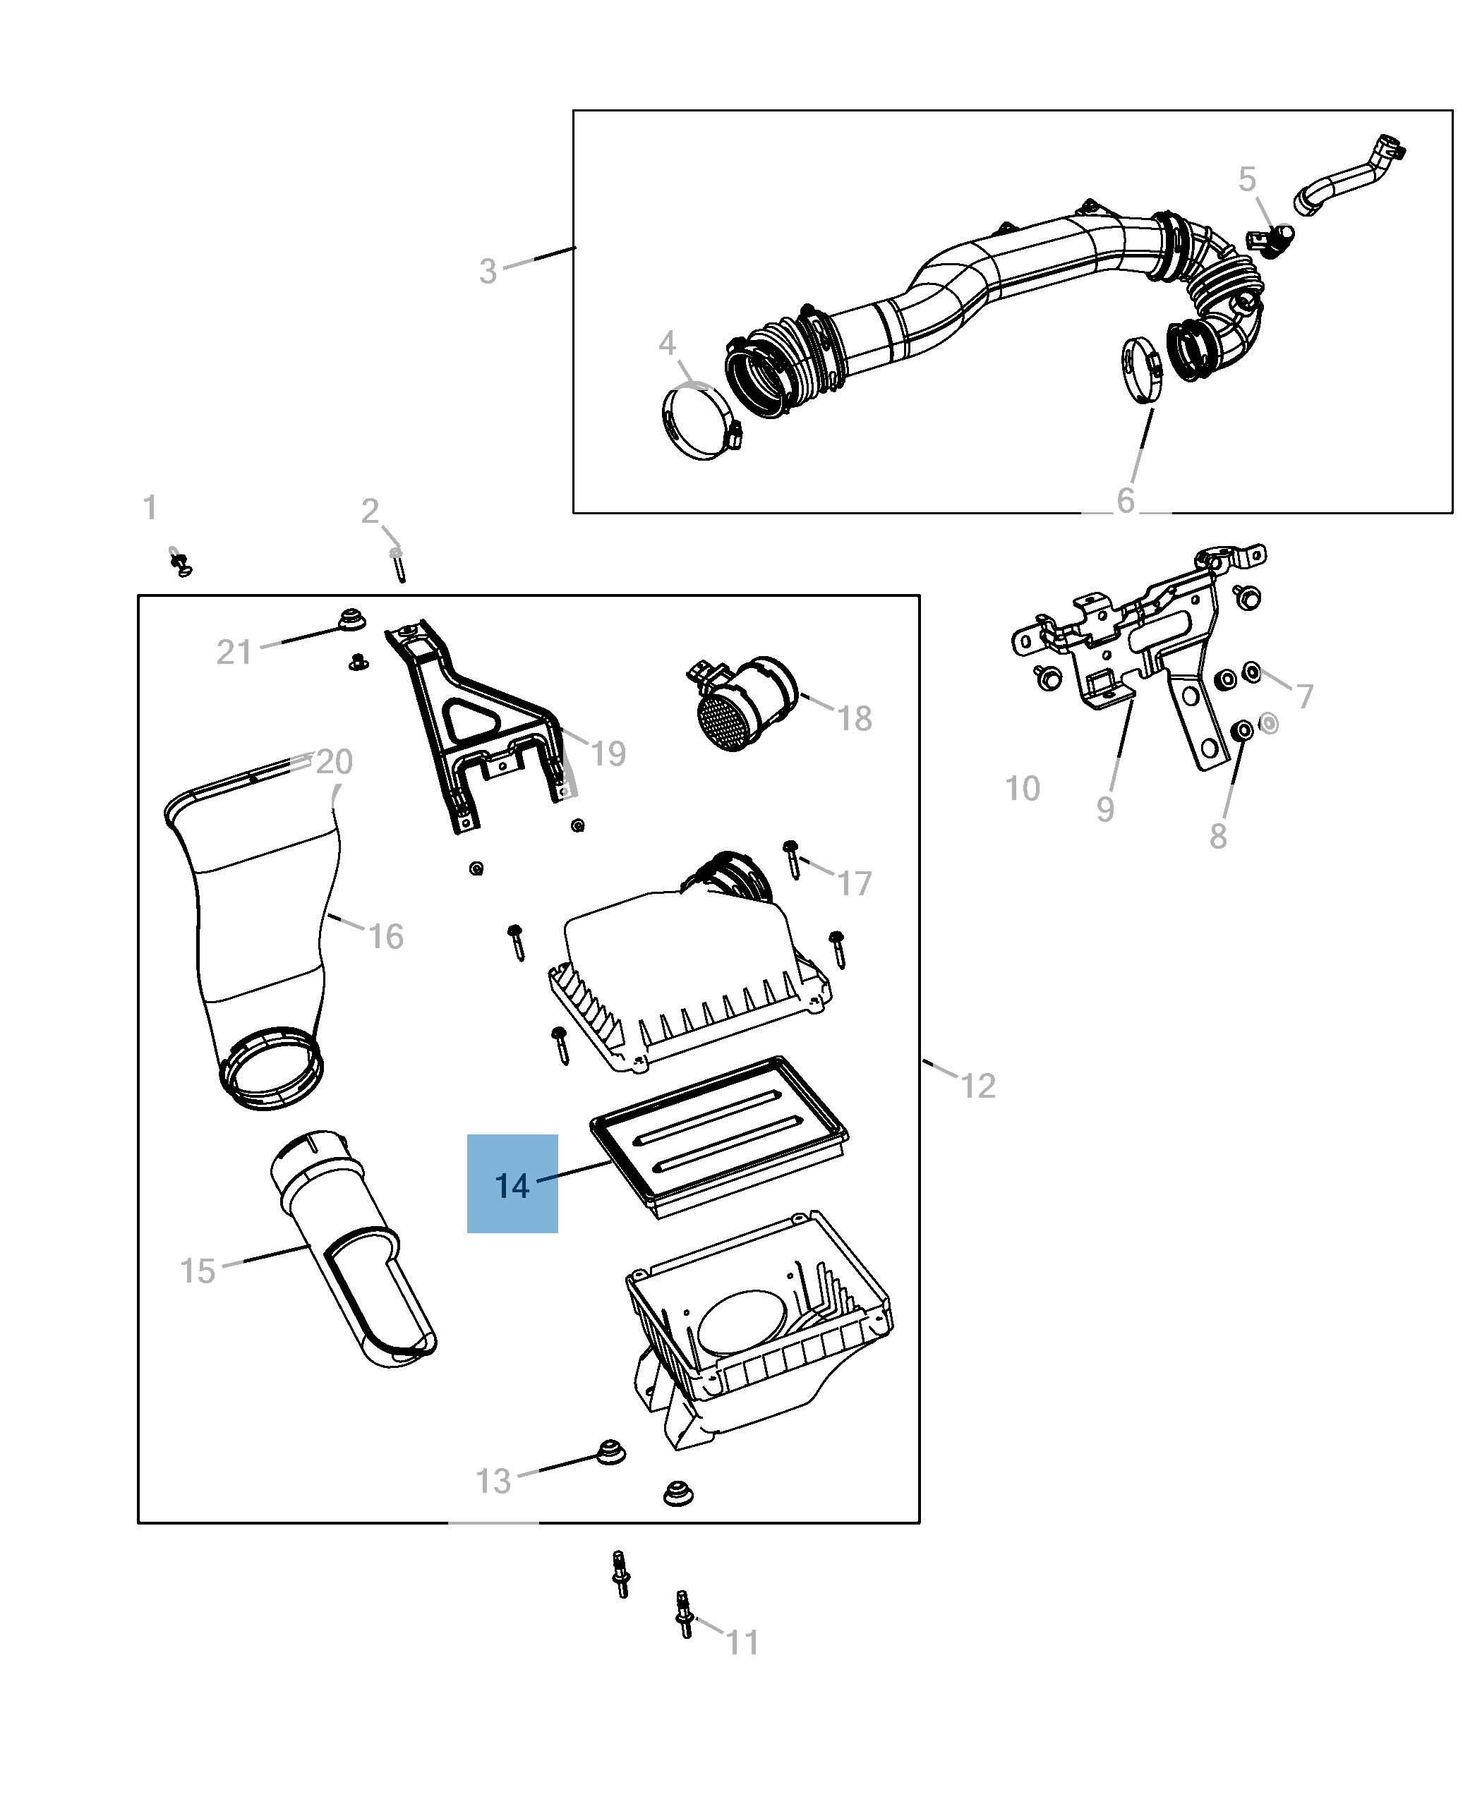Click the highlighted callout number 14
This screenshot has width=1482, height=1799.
[512, 1185]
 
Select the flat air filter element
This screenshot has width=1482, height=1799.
[719, 1137]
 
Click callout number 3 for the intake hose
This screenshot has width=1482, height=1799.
[488, 272]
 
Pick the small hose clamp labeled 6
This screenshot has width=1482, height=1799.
[1140, 369]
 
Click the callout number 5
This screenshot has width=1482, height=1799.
[1246, 180]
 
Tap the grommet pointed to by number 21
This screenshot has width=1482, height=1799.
[351, 619]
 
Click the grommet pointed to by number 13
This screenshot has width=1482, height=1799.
[608, 1450]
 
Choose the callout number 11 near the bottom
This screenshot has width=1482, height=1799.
[742, 1641]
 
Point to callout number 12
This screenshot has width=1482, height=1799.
[978, 1086]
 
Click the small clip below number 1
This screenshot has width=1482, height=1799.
[180, 562]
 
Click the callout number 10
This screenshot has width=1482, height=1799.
[1022, 789]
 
